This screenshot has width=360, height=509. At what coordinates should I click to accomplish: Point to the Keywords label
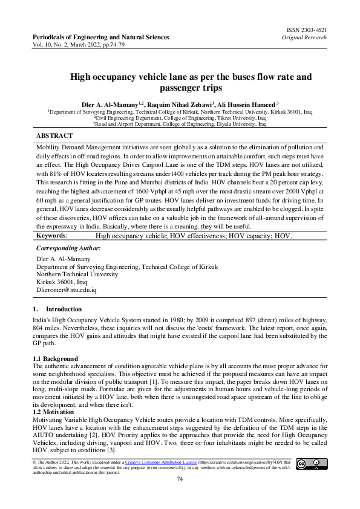click(51, 235)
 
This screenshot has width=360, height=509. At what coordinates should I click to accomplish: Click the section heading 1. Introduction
click(56, 310)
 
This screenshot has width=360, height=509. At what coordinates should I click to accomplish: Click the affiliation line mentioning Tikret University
click(180, 118)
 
